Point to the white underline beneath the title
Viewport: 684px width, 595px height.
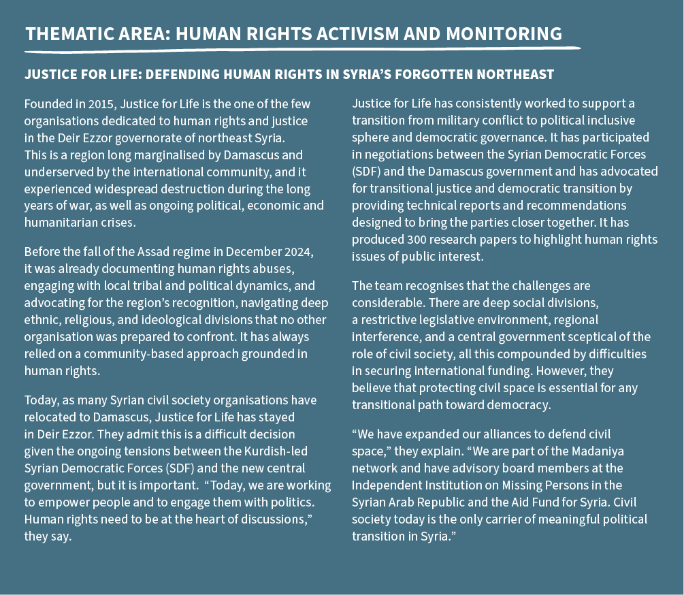(302, 49)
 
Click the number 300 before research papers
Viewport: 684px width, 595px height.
(414, 240)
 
